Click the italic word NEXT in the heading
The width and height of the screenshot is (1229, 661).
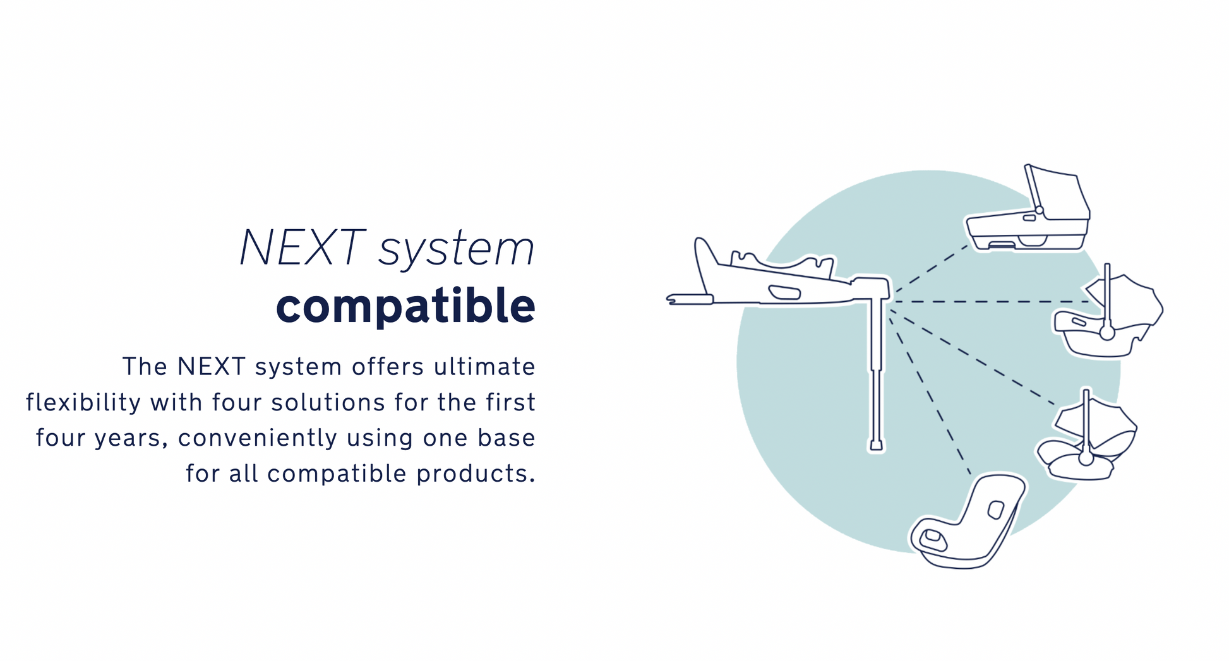point(302,247)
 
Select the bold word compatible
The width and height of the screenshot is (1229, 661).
point(405,306)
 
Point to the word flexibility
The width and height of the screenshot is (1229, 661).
point(83,402)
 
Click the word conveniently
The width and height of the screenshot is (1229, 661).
point(258,438)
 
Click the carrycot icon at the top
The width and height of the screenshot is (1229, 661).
point(1028,208)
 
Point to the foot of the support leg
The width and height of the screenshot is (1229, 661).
point(877,445)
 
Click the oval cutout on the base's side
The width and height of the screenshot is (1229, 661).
point(784,292)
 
